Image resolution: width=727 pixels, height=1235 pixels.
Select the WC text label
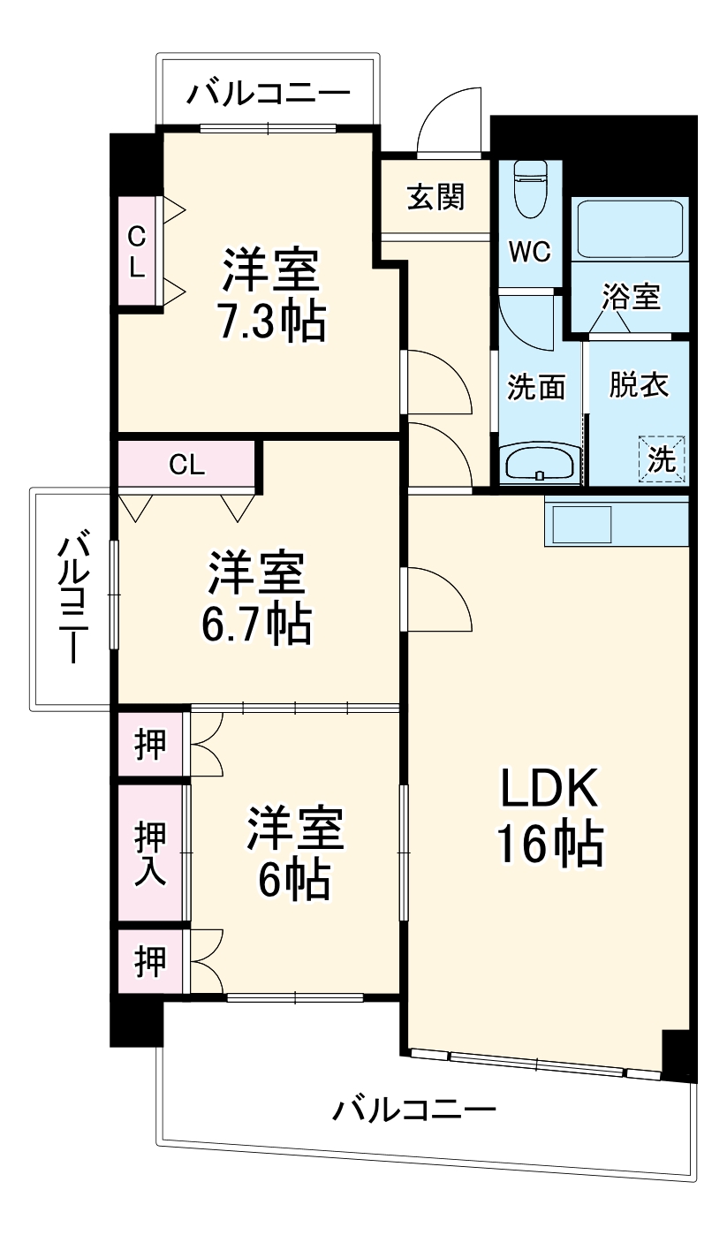click(x=530, y=252)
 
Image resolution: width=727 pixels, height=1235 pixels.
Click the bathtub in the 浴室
click(x=630, y=229)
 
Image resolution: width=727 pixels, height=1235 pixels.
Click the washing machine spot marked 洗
click(x=662, y=458)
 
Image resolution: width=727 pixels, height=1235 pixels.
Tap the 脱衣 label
click(x=639, y=386)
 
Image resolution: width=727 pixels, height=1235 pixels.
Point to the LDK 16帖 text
click(x=549, y=816)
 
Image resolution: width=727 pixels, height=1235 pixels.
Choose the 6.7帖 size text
click(x=257, y=624)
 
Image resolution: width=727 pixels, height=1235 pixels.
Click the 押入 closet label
click(x=149, y=853)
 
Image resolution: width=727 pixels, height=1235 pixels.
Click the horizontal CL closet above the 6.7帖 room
click(x=187, y=465)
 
